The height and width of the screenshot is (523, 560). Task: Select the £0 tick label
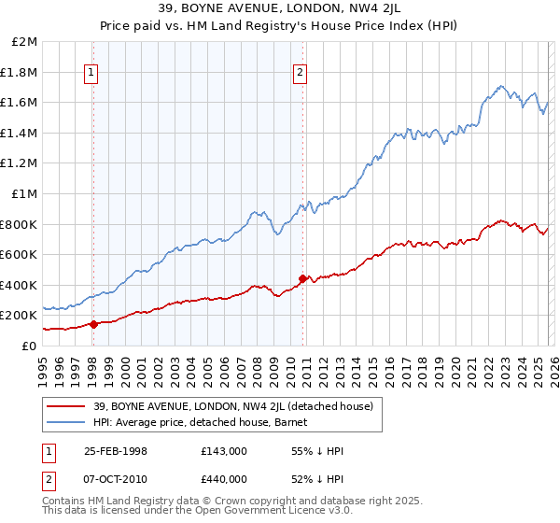click(30, 346)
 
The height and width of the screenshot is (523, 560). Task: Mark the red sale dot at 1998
click(93, 324)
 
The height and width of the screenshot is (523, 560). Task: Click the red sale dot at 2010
click(302, 278)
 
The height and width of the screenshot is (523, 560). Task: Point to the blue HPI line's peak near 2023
click(501, 87)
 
